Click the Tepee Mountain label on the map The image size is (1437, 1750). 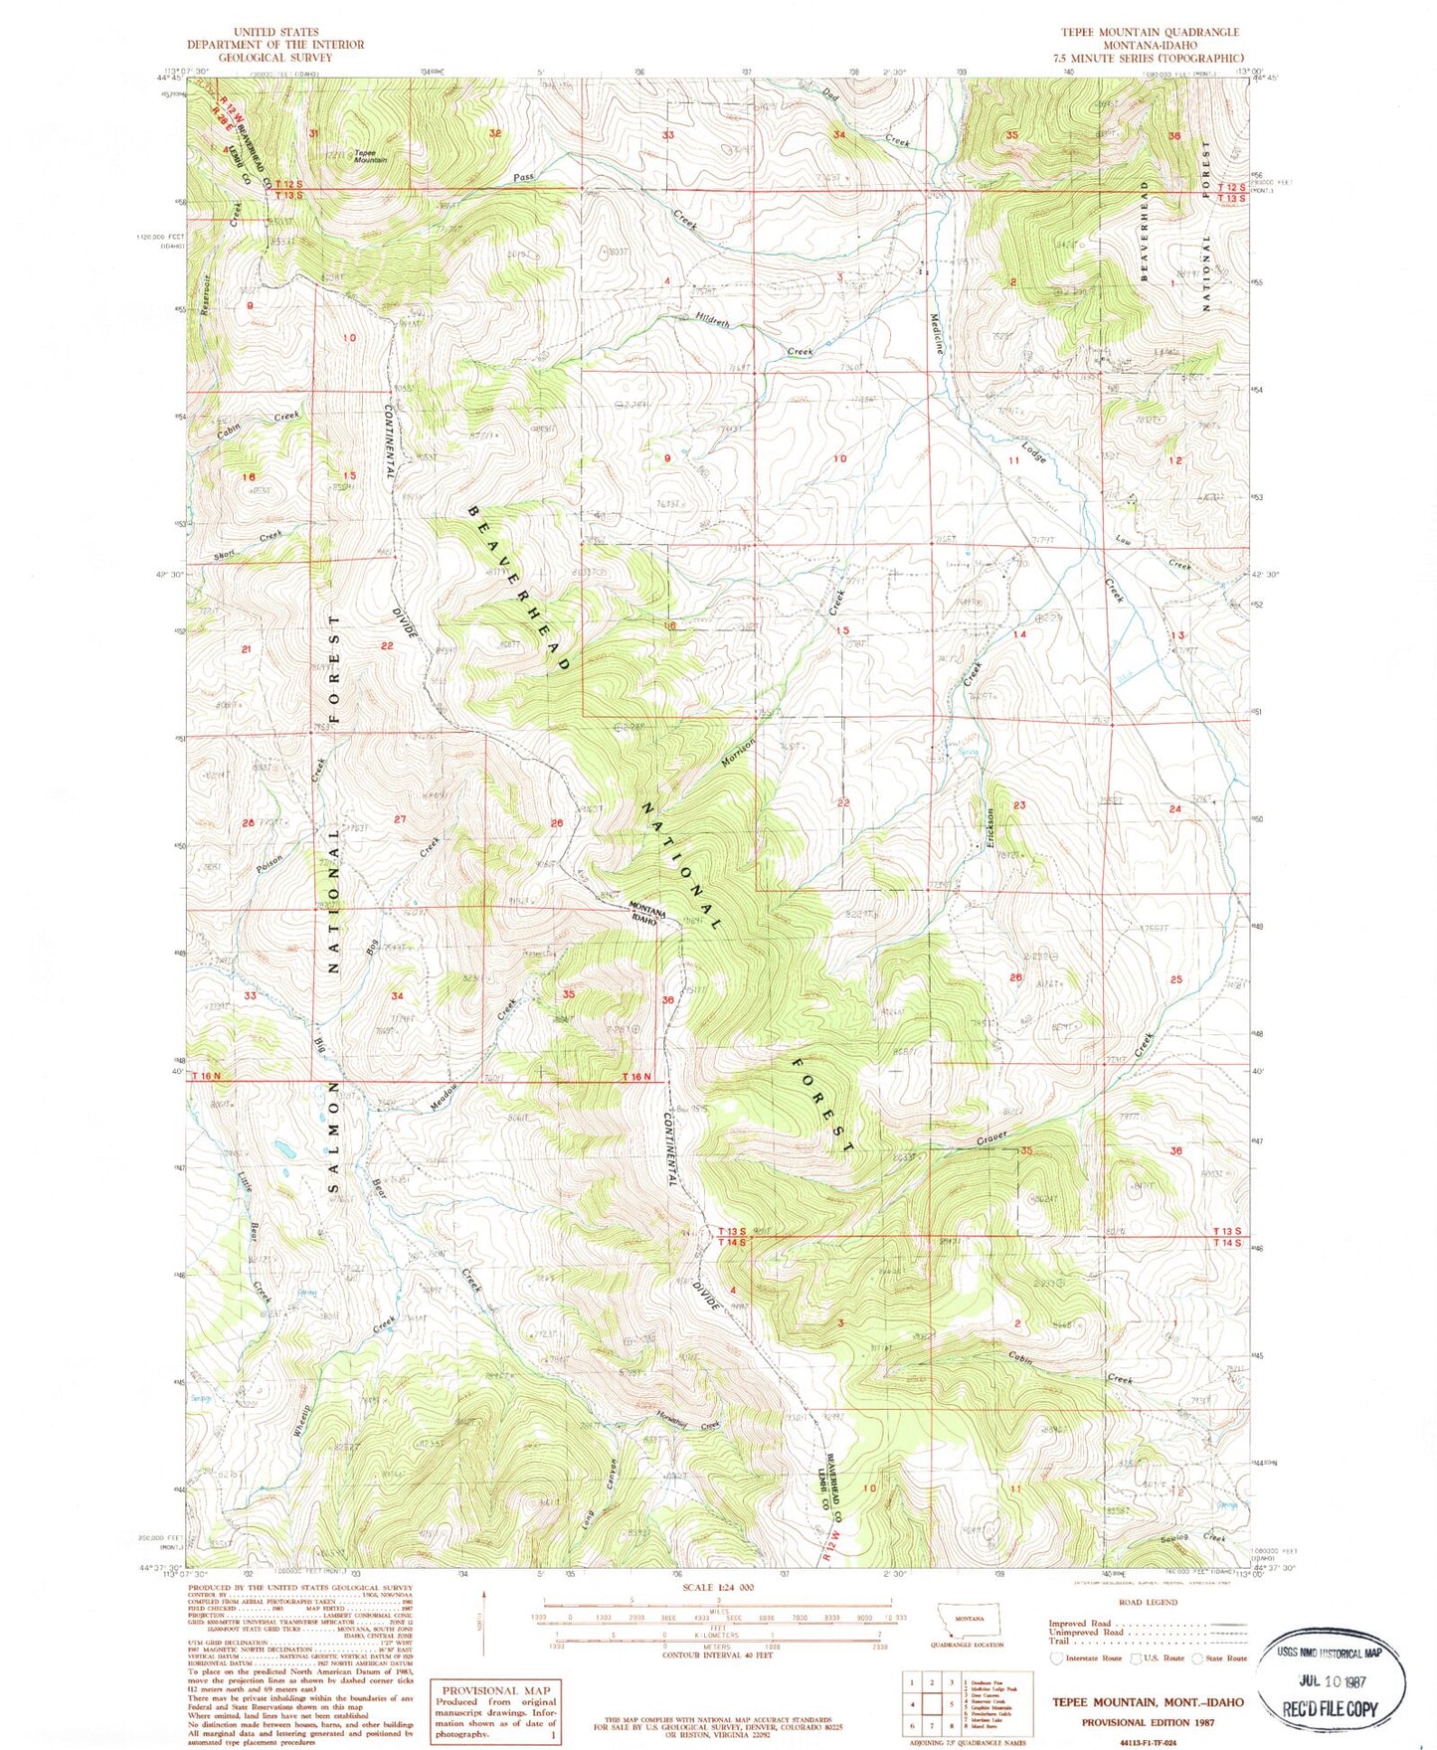click(370, 156)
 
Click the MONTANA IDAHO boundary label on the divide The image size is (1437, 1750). click(643, 913)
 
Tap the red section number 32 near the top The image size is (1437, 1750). click(494, 132)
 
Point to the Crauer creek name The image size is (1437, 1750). click(991, 1136)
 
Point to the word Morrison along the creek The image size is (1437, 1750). click(739, 754)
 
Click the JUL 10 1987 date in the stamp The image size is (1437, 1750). click(1332, 1683)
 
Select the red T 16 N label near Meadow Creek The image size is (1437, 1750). click(636, 1077)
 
